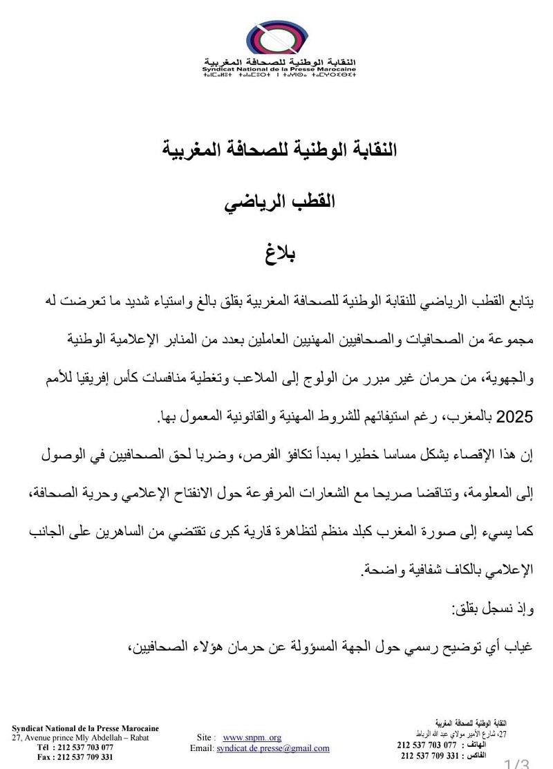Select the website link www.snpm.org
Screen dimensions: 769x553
(x=252, y=737)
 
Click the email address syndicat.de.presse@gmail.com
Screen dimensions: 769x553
(x=272, y=748)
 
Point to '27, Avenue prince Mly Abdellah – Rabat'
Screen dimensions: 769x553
(x=80, y=738)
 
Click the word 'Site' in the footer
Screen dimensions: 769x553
(x=205, y=737)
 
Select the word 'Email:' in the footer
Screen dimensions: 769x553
(x=202, y=748)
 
